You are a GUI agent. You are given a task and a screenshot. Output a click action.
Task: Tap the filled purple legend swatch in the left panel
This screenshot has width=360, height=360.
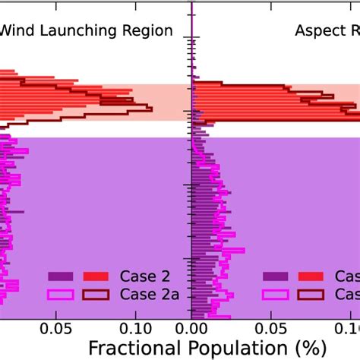pos(61,276)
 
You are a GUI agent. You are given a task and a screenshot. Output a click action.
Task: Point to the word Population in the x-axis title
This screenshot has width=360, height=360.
pos(227,349)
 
